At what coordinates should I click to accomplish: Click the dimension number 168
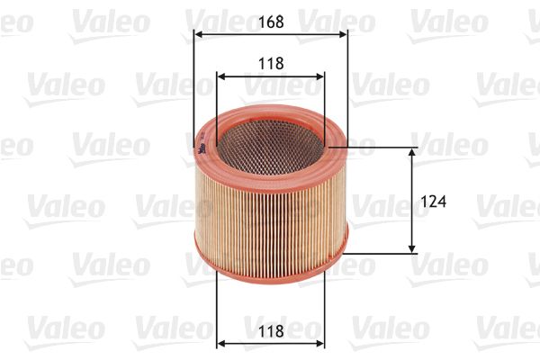pyautogui.click(x=271, y=22)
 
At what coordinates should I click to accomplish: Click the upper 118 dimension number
pyautogui.click(x=271, y=64)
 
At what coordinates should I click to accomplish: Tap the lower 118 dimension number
pyautogui.click(x=271, y=331)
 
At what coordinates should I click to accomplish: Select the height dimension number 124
pyautogui.click(x=433, y=202)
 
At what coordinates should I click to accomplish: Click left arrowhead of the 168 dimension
pyautogui.click(x=197, y=34)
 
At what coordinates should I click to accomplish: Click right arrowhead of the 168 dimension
pyautogui.click(x=344, y=34)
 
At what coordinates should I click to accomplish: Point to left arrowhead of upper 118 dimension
pyautogui.click(x=220, y=76)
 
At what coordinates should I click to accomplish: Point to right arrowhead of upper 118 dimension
pyautogui.click(x=320, y=76)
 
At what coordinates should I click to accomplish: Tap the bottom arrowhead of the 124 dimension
pyautogui.click(x=411, y=249)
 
